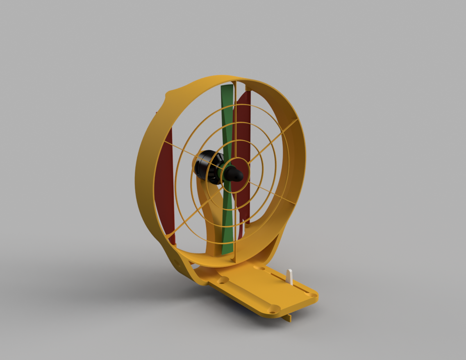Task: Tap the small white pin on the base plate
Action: coord(290,276)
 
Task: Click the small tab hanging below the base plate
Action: coord(289,318)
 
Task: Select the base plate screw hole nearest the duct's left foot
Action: coord(223,280)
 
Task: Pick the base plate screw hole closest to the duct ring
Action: coord(259,268)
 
